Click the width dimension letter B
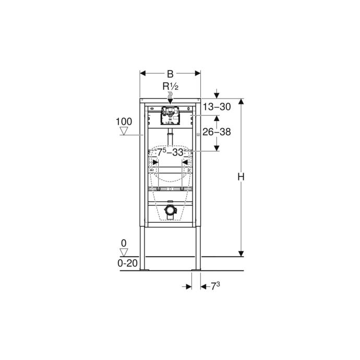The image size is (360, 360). [170, 74]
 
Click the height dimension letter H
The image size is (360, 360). [241, 177]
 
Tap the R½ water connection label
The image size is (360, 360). [171, 87]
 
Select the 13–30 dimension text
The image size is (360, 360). [217, 107]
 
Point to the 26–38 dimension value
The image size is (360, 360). [217, 132]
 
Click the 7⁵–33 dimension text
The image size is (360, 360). [170, 152]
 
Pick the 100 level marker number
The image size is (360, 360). [124, 122]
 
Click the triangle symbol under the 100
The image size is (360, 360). [124, 131]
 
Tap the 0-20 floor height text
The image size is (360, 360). [127, 263]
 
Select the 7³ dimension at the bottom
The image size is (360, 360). [215, 286]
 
